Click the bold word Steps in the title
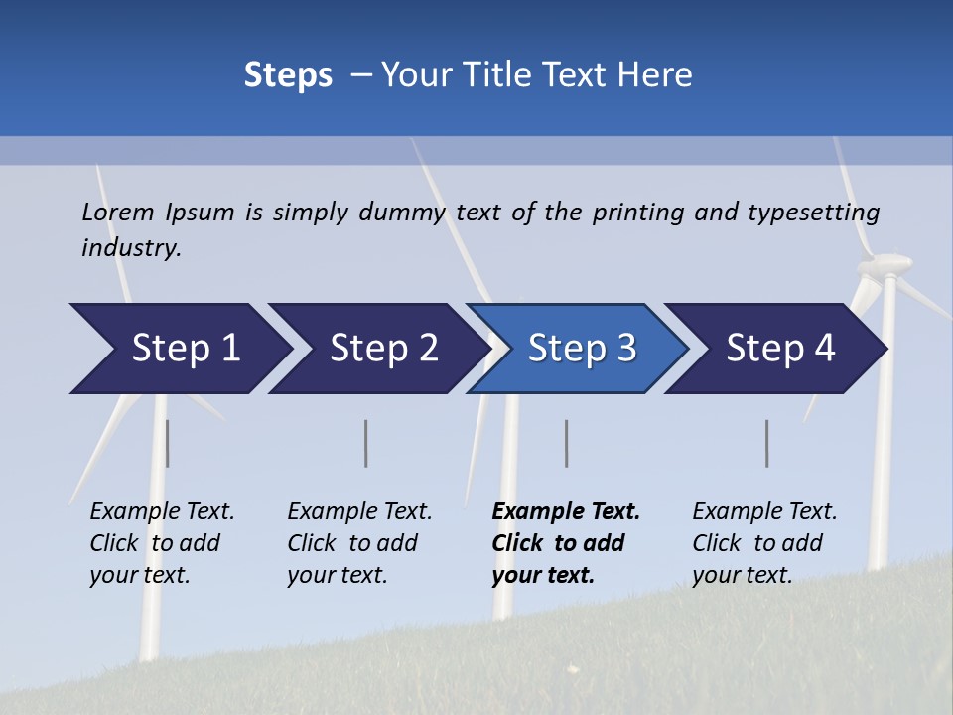(x=288, y=75)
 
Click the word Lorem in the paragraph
(x=118, y=212)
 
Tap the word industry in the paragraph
(x=130, y=248)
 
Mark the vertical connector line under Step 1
(x=167, y=443)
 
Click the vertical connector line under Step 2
(x=366, y=443)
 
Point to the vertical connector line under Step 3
(x=567, y=443)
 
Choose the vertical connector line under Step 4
(x=767, y=443)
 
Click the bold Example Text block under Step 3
(x=565, y=543)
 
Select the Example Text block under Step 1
(x=162, y=543)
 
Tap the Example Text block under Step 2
(x=359, y=543)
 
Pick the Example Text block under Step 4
(x=764, y=543)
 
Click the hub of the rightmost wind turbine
(x=885, y=264)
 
